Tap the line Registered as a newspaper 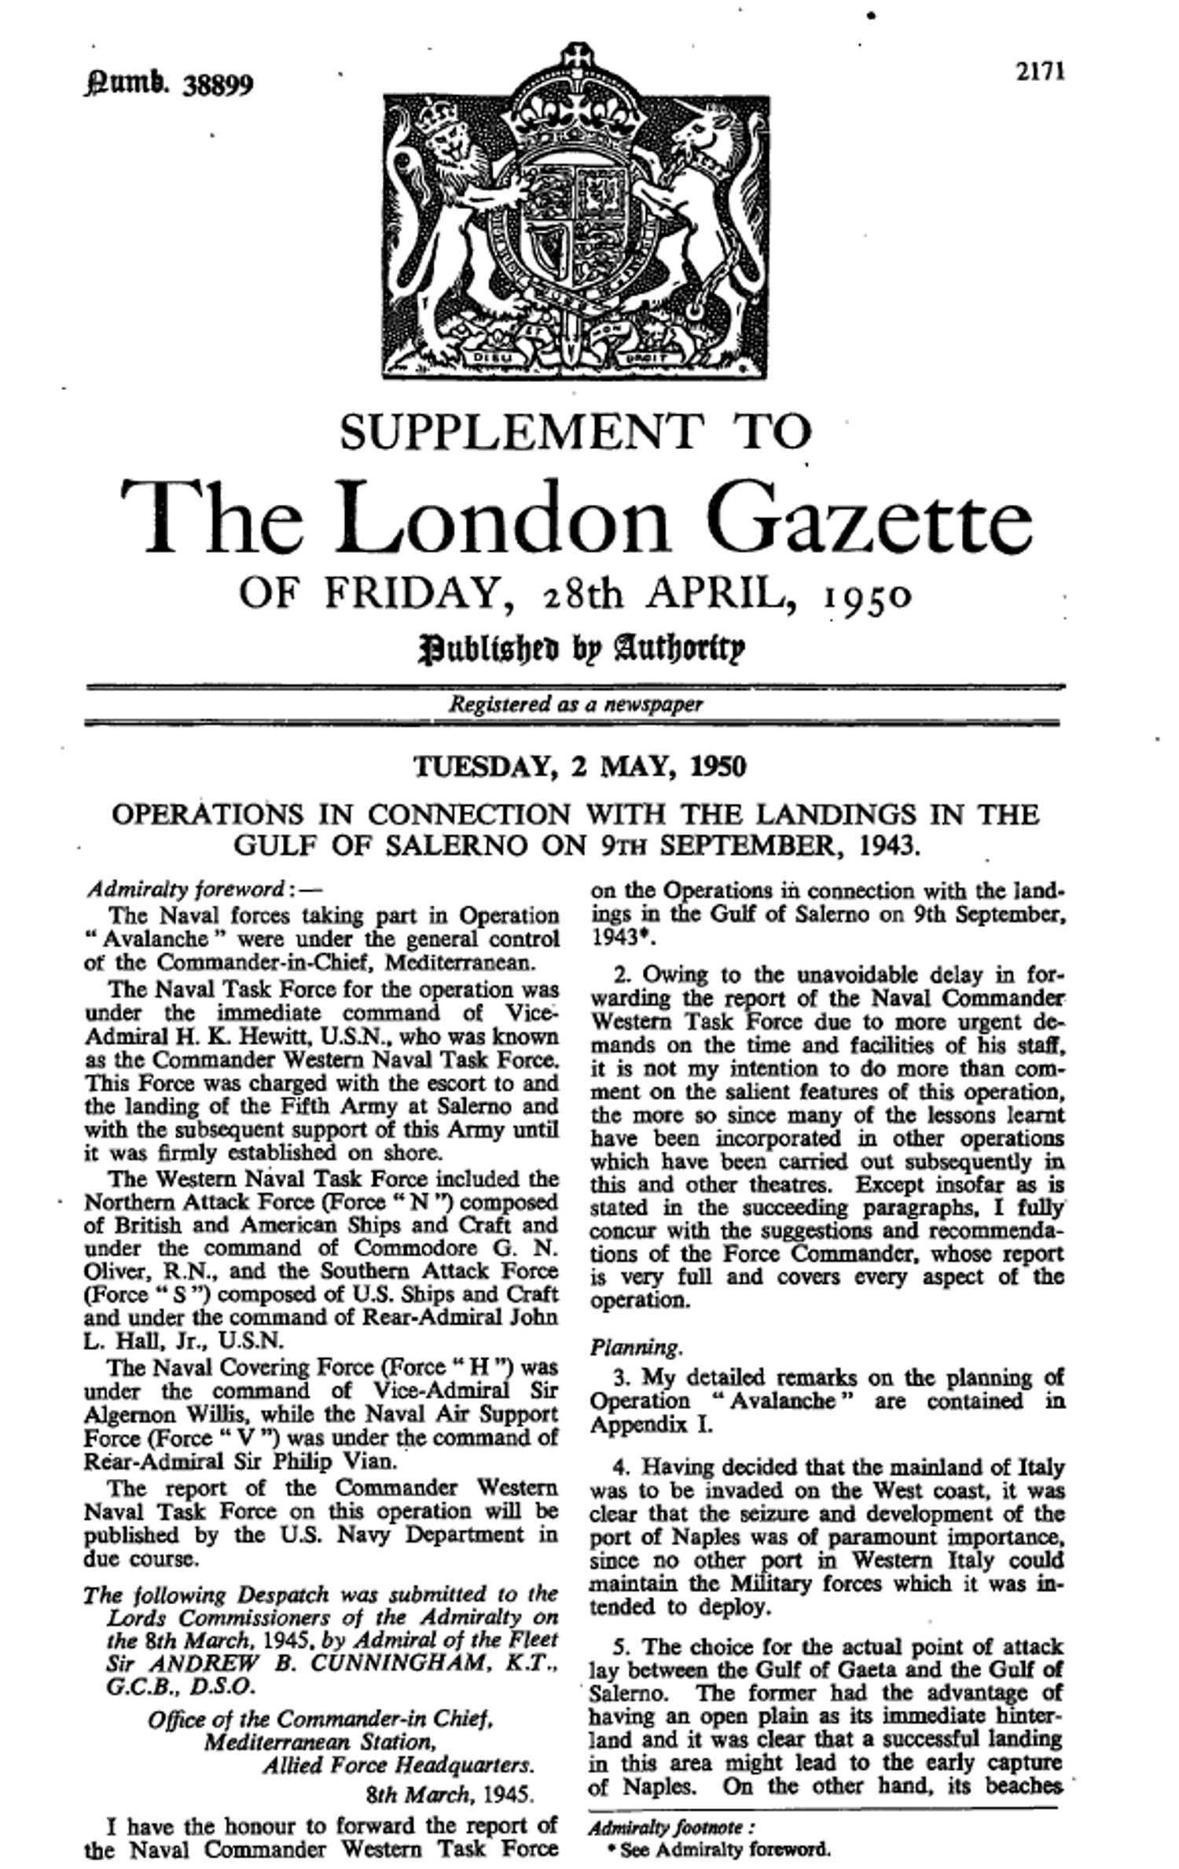click(x=575, y=705)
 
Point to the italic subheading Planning click(x=635, y=1348)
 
